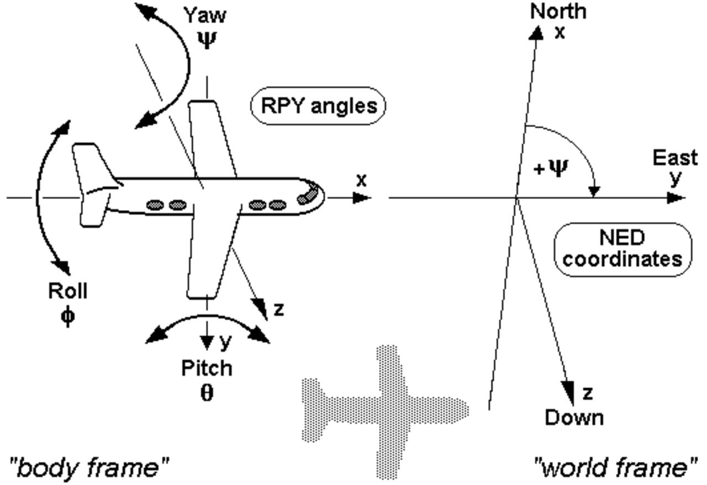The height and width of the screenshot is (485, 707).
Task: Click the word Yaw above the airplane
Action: [x=205, y=15]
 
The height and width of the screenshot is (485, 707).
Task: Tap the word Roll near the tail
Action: [x=68, y=291]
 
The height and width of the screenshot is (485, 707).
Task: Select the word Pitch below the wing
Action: [x=207, y=368]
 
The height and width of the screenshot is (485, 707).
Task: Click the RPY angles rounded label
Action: [x=318, y=105]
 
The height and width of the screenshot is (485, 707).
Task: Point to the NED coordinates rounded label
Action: [x=622, y=249]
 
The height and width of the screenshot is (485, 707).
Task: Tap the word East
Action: [x=675, y=158]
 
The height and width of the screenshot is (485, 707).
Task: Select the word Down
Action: [x=574, y=418]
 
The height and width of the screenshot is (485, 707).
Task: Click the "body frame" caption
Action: [x=89, y=468]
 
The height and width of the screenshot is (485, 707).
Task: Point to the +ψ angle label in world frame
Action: [x=552, y=168]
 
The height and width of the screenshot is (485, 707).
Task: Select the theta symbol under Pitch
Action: [x=207, y=393]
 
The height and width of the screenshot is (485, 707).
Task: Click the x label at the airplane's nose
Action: [x=361, y=180]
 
